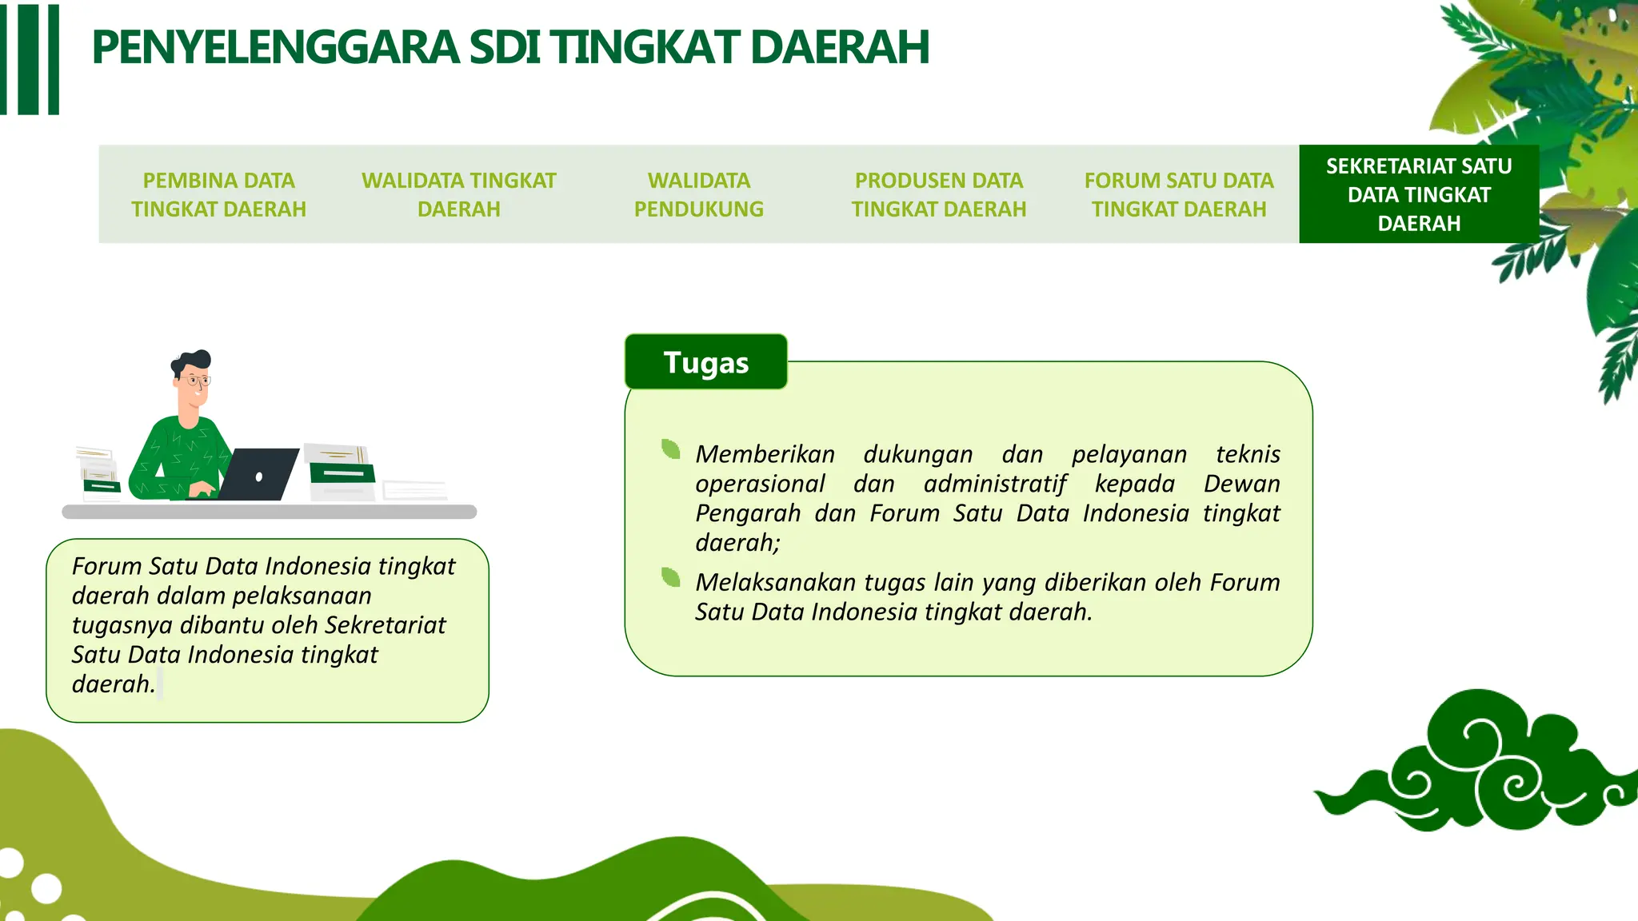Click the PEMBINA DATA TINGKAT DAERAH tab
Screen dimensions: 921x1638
tap(218, 194)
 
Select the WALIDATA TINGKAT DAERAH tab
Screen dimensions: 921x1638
tap(458, 194)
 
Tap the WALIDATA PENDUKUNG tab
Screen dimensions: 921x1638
tap(698, 194)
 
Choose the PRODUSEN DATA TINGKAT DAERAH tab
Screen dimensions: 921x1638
tap(938, 194)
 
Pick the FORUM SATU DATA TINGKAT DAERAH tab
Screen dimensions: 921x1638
tap(1178, 194)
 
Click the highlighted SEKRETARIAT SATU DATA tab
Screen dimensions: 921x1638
tap(1418, 194)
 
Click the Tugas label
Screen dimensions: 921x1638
tap(705, 362)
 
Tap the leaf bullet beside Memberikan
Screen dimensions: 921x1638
tap(671, 449)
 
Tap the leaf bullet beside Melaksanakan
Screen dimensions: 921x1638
tap(671, 577)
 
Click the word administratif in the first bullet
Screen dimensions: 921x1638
tap(994, 484)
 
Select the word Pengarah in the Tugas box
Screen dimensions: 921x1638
tap(747, 513)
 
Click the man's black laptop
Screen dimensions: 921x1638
tap(258, 475)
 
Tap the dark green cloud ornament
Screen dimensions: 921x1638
tap(1480, 767)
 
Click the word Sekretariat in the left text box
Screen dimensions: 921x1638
tap(385, 625)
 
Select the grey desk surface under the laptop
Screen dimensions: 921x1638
tap(269, 512)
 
